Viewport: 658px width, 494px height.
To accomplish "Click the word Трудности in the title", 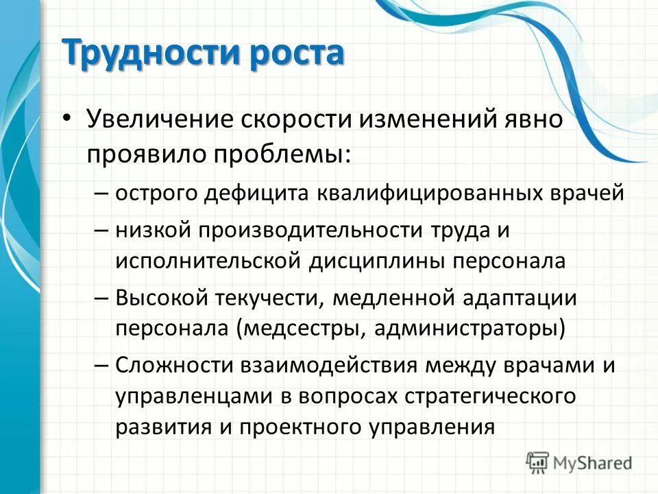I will point(145,53).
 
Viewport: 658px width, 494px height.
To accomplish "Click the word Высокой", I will point(156,298).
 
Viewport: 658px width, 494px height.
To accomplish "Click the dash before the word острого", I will point(100,193).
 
